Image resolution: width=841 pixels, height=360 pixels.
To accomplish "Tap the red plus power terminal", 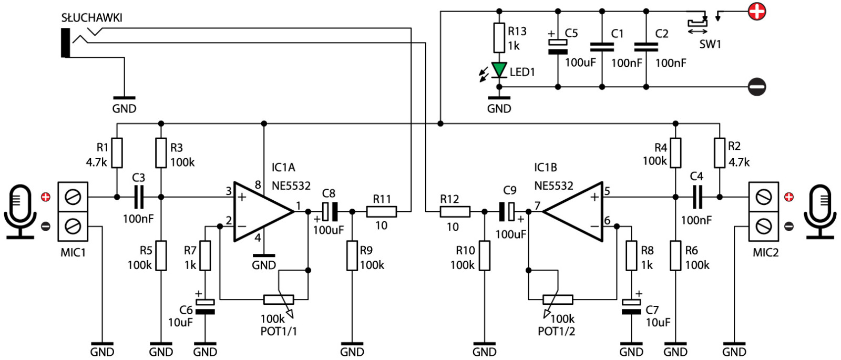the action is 756,12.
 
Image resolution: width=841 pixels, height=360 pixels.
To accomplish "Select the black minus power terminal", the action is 756,87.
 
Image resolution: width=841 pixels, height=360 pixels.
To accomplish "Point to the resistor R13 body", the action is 499,37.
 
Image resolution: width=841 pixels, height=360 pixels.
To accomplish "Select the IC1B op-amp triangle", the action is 572,212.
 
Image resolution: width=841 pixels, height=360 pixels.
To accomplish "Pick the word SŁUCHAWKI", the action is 91,18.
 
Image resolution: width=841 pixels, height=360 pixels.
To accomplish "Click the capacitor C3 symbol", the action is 139,197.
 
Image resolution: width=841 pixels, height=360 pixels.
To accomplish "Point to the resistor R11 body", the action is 382,212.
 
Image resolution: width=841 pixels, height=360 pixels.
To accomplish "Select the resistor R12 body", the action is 455,212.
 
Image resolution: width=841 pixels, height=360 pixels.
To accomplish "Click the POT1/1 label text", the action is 279,331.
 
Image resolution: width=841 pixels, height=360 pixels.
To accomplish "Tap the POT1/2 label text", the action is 557,331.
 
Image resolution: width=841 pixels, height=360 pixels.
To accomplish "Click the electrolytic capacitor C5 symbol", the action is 558,47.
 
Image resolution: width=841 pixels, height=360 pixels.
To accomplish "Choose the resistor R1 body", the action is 117,153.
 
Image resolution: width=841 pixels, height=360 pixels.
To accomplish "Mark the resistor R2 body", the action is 720,153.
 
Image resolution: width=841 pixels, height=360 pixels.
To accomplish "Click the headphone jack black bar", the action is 66,43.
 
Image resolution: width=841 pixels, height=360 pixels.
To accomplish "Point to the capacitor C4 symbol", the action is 698,197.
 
